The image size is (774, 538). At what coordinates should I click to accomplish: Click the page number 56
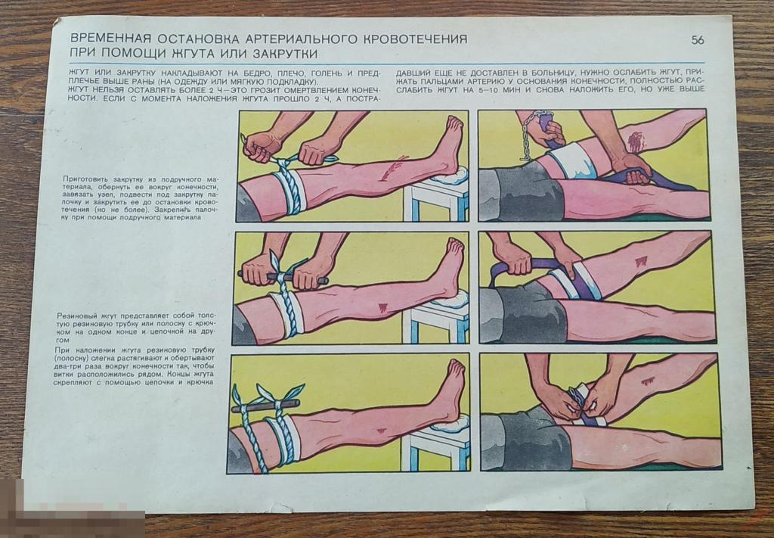point(697,40)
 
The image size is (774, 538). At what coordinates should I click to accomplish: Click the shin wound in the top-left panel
point(394,169)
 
